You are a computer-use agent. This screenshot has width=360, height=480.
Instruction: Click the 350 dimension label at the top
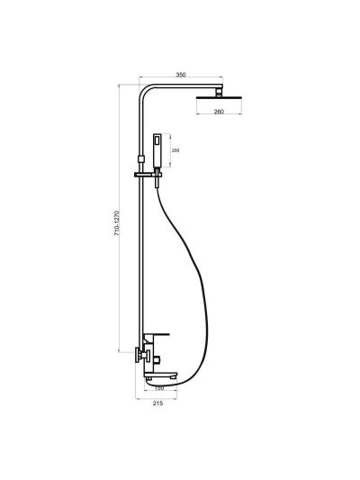pos(181,75)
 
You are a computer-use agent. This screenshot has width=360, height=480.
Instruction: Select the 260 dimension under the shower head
pos(219,112)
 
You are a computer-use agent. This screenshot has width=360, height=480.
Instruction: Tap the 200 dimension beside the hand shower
pos(175,150)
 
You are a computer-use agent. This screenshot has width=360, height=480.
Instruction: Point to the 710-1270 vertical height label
pos(116,222)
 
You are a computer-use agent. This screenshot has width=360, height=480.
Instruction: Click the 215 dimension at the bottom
pos(157,403)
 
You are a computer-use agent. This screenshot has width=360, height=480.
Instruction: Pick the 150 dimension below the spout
pos(159,388)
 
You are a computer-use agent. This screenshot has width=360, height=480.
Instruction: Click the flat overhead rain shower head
pos(219,97)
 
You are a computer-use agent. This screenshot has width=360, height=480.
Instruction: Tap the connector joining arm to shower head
pos(219,93)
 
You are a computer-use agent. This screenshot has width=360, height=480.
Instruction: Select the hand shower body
pos(157,150)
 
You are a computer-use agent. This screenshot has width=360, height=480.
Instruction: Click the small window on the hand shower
pos(157,140)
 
